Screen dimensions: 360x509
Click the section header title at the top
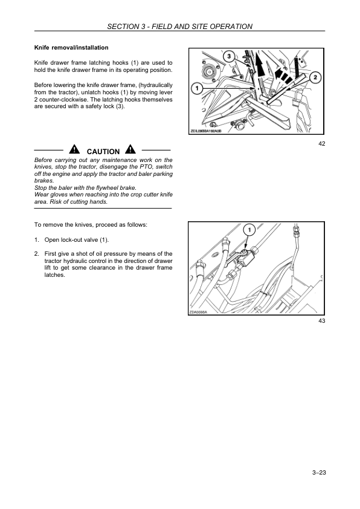[179, 26]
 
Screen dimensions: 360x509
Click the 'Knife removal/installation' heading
[71, 47]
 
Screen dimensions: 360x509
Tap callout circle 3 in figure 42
[229, 56]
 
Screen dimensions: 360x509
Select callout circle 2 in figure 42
[315, 77]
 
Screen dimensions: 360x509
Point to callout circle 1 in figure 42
[197, 88]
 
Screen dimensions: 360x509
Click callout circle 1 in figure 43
[249, 230]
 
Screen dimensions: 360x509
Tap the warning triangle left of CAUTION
[74, 149]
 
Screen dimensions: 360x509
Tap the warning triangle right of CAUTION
[130, 149]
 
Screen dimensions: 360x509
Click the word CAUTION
[103, 152]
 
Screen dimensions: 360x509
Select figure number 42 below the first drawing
[322, 143]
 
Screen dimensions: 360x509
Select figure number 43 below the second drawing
[322, 321]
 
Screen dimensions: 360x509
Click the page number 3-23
[319, 473]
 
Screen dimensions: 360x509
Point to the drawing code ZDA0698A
[198, 313]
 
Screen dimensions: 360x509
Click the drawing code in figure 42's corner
[205, 131]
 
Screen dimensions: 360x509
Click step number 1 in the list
[37, 240]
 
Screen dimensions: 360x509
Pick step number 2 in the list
[37, 254]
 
